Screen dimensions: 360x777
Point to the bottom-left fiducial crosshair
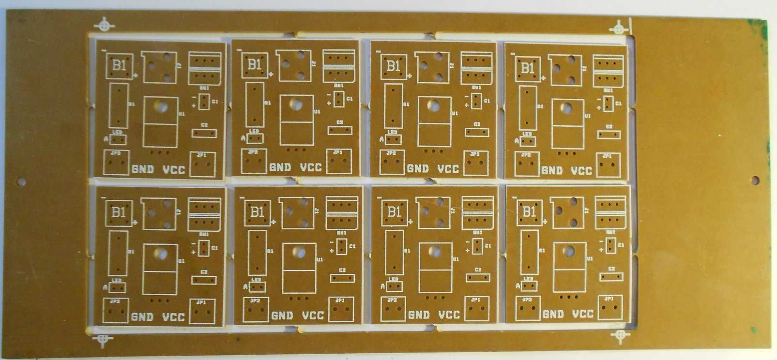coord(103,340)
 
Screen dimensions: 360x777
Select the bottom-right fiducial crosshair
coord(619,336)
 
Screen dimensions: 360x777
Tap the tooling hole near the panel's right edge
coord(755,180)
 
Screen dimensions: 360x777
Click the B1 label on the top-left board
coord(119,65)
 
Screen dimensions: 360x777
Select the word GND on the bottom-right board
coord(552,314)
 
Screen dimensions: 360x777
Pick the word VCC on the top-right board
coord(581,171)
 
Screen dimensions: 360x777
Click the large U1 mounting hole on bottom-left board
coord(160,253)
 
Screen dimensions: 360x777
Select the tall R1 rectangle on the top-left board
coord(118,105)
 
